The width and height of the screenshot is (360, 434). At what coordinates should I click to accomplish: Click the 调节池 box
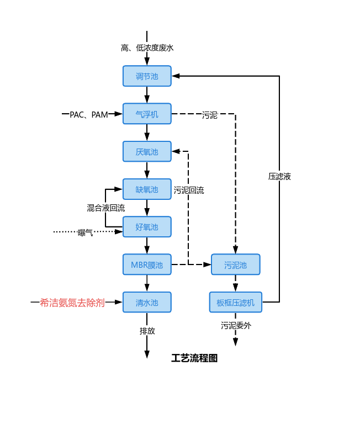coord(147,76)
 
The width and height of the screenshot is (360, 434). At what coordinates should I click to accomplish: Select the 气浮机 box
coord(147,114)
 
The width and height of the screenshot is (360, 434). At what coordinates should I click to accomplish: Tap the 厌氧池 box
coord(147,151)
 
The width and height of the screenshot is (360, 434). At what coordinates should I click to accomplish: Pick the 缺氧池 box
coord(147,189)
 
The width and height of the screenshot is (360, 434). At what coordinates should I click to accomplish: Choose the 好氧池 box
coord(147,227)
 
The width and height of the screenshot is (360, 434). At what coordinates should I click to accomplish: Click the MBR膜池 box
coord(147,264)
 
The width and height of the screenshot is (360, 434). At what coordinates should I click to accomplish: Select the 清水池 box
coord(147,302)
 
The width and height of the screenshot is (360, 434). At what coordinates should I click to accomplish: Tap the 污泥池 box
coord(235,264)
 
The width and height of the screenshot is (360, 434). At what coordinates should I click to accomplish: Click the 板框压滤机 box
coord(235,302)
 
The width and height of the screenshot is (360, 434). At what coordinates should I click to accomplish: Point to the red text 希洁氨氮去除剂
coord(72,303)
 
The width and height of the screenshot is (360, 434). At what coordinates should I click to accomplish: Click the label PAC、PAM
coord(88,114)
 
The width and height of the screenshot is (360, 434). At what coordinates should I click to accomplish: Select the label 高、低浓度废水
coord(147,48)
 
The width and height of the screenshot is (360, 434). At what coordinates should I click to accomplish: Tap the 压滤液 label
coord(279,177)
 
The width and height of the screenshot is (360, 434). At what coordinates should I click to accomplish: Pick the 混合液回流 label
coord(105,208)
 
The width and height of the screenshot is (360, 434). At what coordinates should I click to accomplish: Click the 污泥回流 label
coord(189,190)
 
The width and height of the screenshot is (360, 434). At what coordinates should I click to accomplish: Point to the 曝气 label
coord(86,232)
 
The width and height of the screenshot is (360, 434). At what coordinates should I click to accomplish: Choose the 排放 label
coord(147,331)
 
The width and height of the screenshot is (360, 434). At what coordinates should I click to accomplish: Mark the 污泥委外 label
coord(236,326)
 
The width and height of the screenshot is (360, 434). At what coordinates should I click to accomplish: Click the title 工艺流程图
coord(194,358)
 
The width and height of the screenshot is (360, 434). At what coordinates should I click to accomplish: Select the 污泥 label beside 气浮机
coord(210,115)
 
